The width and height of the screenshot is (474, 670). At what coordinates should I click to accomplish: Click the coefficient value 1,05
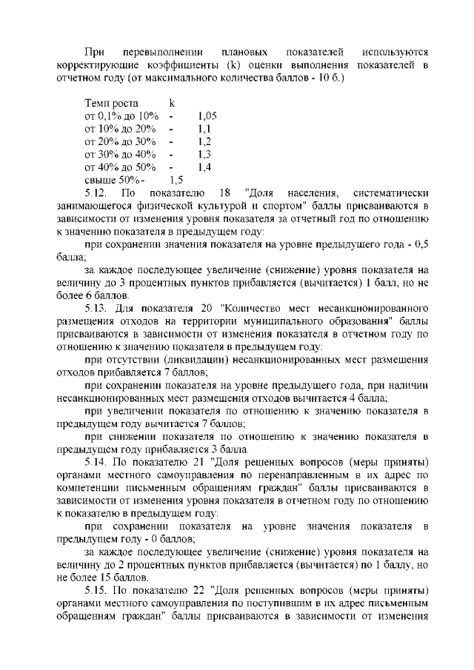(207, 116)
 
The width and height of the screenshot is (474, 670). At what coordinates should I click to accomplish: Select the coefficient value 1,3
(205, 154)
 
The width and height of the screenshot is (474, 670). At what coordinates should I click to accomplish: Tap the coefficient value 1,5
(176, 179)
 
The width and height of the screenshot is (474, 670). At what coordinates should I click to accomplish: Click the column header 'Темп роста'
(112, 104)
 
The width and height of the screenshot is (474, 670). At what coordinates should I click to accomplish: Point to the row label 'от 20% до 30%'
(121, 141)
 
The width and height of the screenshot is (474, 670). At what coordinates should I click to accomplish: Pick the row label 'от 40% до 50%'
(121, 167)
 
